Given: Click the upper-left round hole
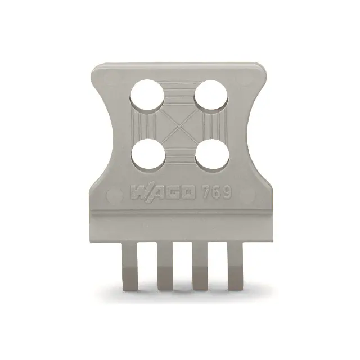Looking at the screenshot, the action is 147,96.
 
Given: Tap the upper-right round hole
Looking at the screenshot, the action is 211,96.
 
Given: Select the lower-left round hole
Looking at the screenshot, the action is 148,155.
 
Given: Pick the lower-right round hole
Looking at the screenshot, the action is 212,155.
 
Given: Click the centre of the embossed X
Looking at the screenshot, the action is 179,125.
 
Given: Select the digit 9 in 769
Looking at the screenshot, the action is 226,191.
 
